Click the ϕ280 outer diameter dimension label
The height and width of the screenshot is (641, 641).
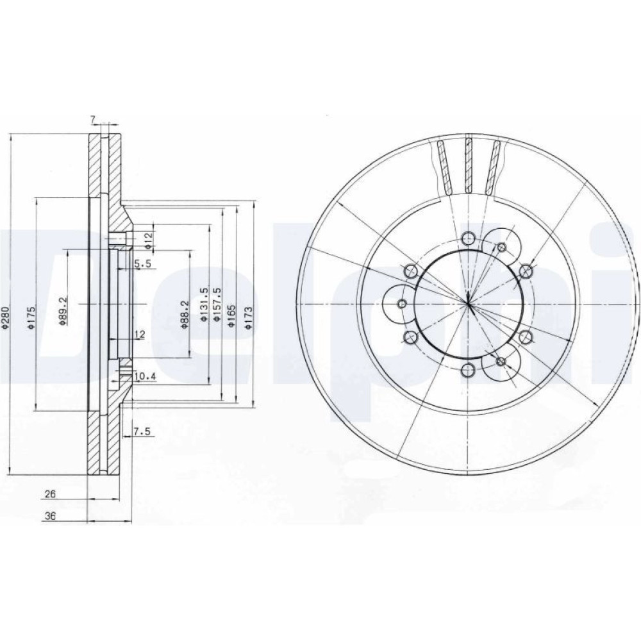(5, 318)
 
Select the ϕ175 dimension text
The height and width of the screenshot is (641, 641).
(32, 318)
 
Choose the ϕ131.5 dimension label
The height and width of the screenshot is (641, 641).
(204, 304)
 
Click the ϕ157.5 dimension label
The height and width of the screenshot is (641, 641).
(217, 304)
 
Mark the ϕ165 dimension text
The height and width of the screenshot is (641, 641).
(232, 316)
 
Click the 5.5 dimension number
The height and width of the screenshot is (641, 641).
(143, 264)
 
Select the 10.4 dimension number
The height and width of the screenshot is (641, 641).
(145, 376)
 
